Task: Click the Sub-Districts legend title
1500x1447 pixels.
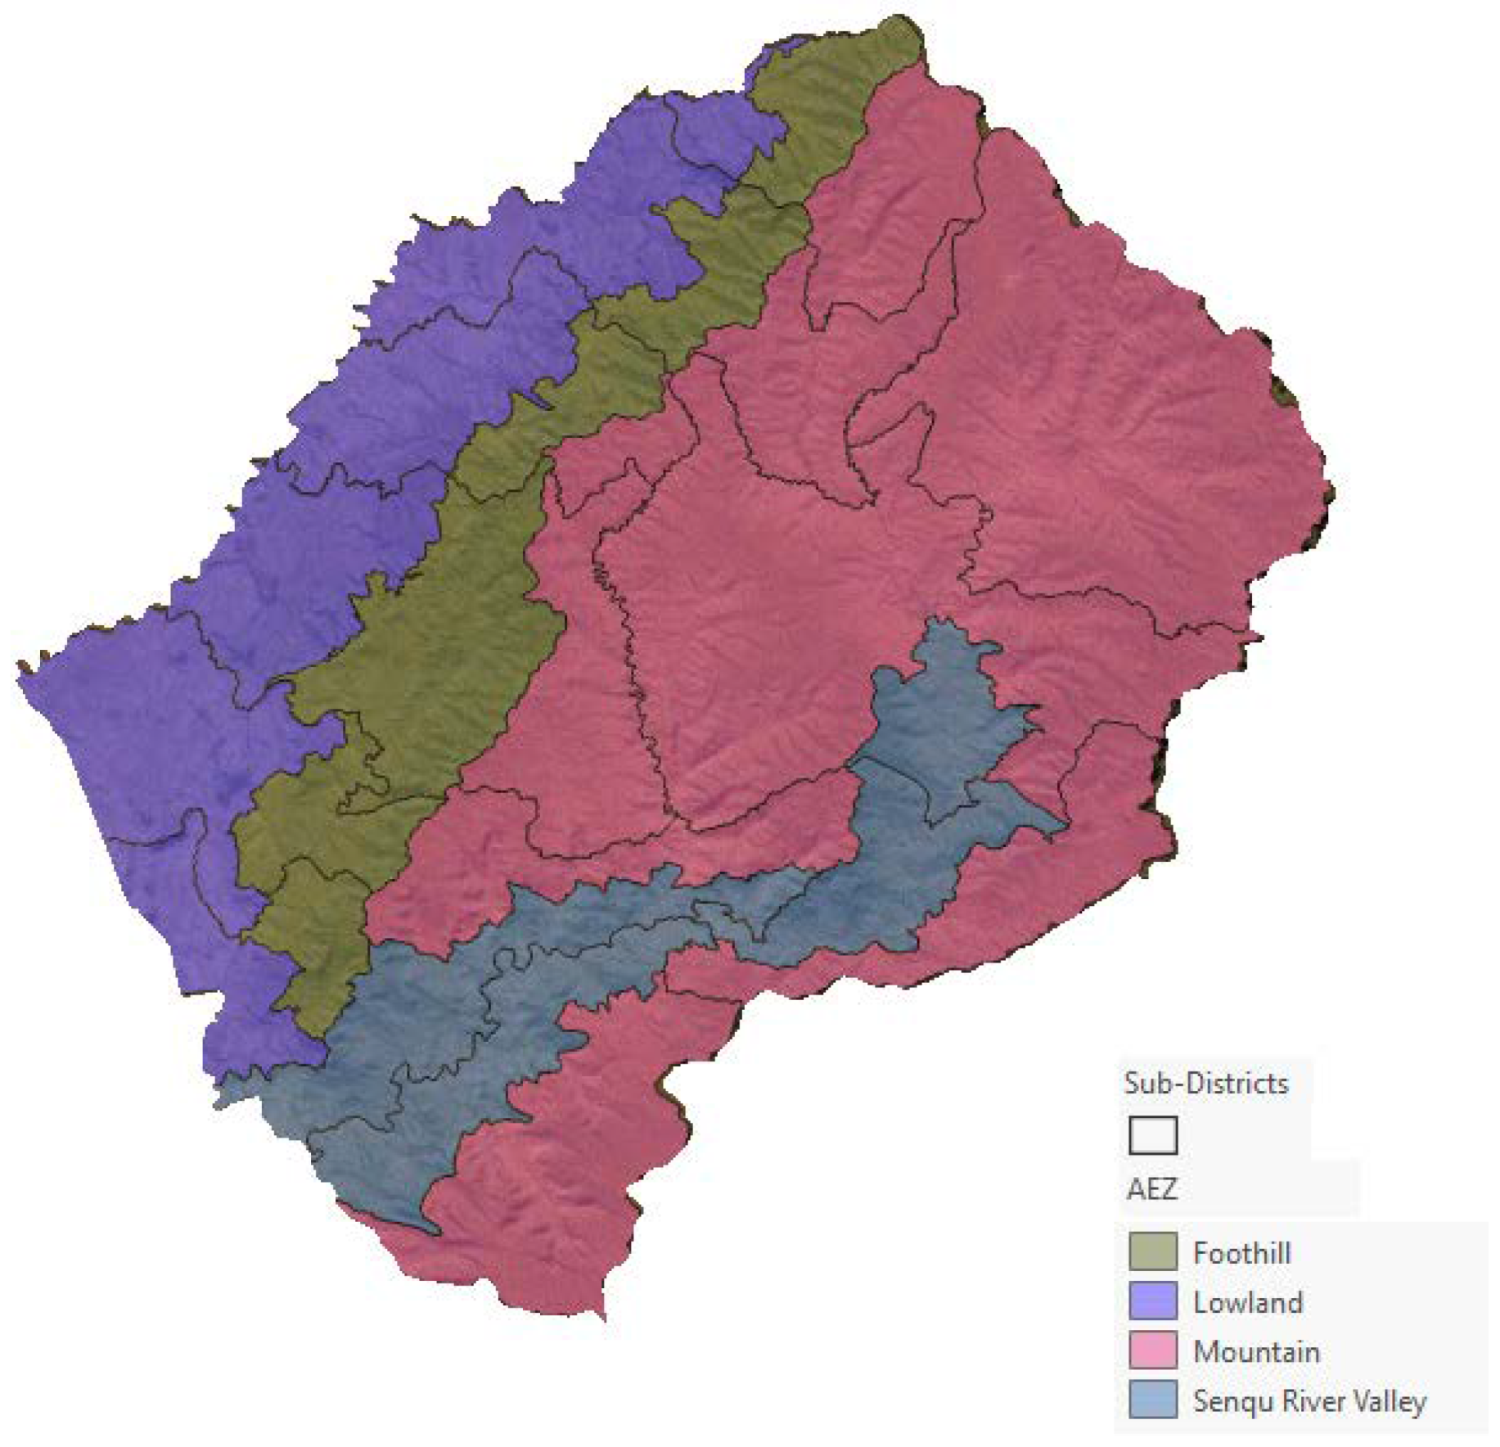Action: (1205, 1084)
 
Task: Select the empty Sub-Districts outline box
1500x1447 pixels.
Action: (1152, 1135)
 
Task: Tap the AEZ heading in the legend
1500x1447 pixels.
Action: (1151, 1188)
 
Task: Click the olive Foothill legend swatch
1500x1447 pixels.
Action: (1152, 1252)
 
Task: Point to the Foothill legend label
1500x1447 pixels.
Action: (1241, 1253)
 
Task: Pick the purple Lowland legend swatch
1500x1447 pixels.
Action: (1152, 1301)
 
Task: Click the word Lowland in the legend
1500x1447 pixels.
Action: (1248, 1302)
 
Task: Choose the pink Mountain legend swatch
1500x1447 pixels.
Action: (1152, 1350)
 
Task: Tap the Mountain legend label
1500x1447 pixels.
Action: (1256, 1351)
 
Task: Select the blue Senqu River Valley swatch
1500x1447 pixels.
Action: (1152, 1400)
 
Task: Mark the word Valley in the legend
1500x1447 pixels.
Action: (1390, 1401)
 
